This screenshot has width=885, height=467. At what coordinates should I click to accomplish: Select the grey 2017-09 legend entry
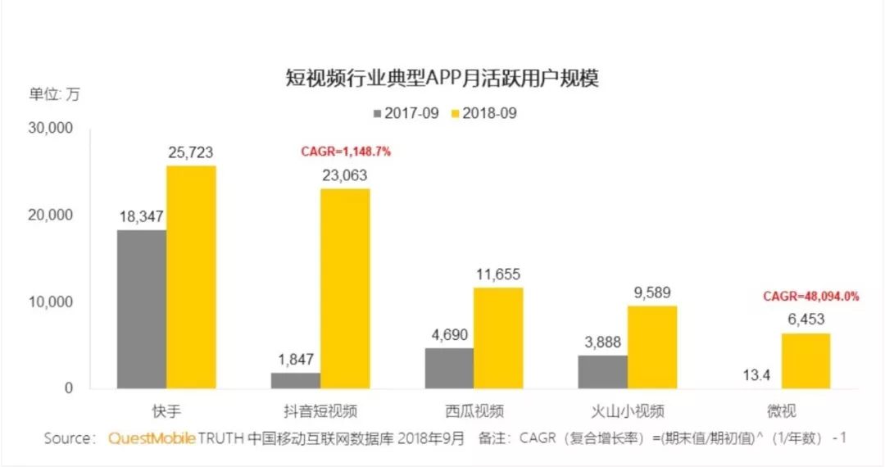pyautogui.click(x=404, y=113)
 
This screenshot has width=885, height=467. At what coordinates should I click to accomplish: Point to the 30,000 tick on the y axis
pyautogui.click(x=52, y=129)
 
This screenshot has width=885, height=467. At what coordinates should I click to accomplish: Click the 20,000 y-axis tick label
pyautogui.click(x=52, y=215)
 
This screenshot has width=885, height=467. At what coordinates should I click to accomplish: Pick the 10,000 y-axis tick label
pyautogui.click(x=52, y=302)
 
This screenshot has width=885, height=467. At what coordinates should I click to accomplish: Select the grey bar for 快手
pyautogui.click(x=142, y=309)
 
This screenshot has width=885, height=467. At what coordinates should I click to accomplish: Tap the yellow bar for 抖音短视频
pyautogui.click(x=344, y=288)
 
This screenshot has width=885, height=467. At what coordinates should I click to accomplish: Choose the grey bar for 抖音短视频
pyautogui.click(x=296, y=381)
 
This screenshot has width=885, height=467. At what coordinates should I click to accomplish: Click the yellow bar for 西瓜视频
pyautogui.click(x=497, y=338)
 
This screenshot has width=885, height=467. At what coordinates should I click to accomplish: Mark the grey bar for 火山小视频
pyautogui.click(x=603, y=372)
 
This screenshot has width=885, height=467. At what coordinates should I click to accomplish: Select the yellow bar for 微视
pyautogui.click(x=806, y=360)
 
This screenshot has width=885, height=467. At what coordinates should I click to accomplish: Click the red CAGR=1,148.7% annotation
pyautogui.click(x=346, y=152)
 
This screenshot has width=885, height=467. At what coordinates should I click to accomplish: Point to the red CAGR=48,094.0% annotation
pyautogui.click(x=810, y=297)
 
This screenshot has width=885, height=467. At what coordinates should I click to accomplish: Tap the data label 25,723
pyautogui.click(x=191, y=152)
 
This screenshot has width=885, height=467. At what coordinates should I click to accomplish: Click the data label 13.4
pyautogui.click(x=756, y=376)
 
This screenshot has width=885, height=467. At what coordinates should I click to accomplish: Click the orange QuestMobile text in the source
pyautogui.click(x=152, y=438)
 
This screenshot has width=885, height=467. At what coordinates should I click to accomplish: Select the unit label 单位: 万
pyautogui.click(x=55, y=93)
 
